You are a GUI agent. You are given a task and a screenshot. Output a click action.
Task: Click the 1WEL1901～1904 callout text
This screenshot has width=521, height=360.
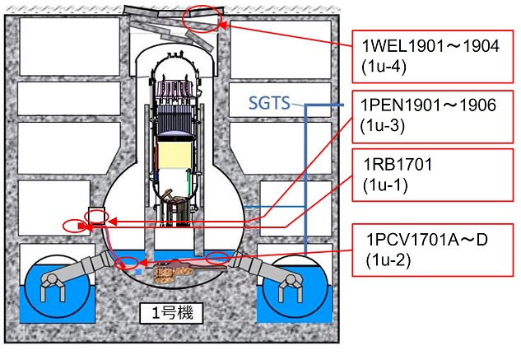430,46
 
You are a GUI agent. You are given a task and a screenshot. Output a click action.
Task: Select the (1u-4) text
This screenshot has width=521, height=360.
384,67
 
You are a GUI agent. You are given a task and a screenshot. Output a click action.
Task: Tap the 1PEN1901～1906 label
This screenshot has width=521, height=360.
428,105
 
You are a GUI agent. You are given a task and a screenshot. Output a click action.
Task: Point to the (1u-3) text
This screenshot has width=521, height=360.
383,126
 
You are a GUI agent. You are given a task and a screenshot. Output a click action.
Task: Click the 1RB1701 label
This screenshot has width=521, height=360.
398,165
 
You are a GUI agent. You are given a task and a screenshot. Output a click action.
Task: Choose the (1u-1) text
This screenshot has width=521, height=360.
385,185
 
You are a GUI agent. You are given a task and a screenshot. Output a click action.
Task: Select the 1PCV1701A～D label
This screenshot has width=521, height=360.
427,239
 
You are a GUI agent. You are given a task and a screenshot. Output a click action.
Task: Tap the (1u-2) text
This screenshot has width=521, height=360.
388,260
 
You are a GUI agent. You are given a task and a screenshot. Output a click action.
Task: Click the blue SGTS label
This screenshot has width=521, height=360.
269,103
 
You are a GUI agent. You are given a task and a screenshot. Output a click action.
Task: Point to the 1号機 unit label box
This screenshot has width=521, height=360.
171,313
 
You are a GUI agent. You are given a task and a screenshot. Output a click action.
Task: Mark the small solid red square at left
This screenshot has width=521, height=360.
81,227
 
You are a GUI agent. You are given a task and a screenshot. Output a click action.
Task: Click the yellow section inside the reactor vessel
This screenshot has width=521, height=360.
174,155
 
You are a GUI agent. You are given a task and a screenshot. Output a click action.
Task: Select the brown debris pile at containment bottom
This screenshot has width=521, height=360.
173,271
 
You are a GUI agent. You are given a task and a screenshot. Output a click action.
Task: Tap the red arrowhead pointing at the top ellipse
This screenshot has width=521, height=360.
224,26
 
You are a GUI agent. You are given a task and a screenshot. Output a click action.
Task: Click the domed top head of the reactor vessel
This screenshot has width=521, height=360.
175,63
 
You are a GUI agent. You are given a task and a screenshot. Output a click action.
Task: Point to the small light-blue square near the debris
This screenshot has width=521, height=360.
139,272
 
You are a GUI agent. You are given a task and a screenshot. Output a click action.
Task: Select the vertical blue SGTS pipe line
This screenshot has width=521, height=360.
305,180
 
